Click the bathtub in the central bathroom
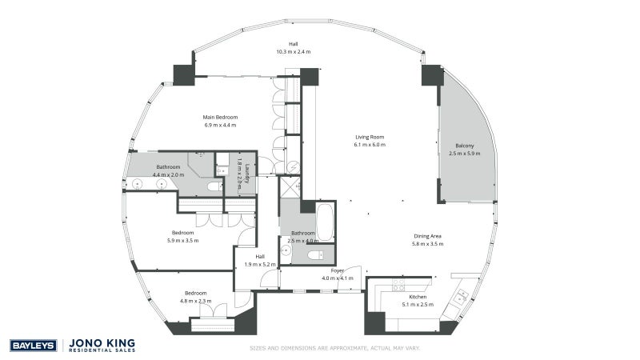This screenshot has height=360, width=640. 325,222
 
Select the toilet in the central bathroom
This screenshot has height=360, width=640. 315,255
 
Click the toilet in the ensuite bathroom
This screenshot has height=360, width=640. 214,187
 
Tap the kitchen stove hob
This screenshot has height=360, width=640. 398,285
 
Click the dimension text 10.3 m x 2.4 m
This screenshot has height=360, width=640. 294,52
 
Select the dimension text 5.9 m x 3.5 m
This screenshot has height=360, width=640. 183,241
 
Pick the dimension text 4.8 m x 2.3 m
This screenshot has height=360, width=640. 195,302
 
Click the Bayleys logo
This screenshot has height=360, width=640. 34,346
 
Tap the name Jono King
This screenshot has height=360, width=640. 102,343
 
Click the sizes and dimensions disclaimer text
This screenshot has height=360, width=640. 335,348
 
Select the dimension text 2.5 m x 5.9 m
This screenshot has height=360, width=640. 465,154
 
